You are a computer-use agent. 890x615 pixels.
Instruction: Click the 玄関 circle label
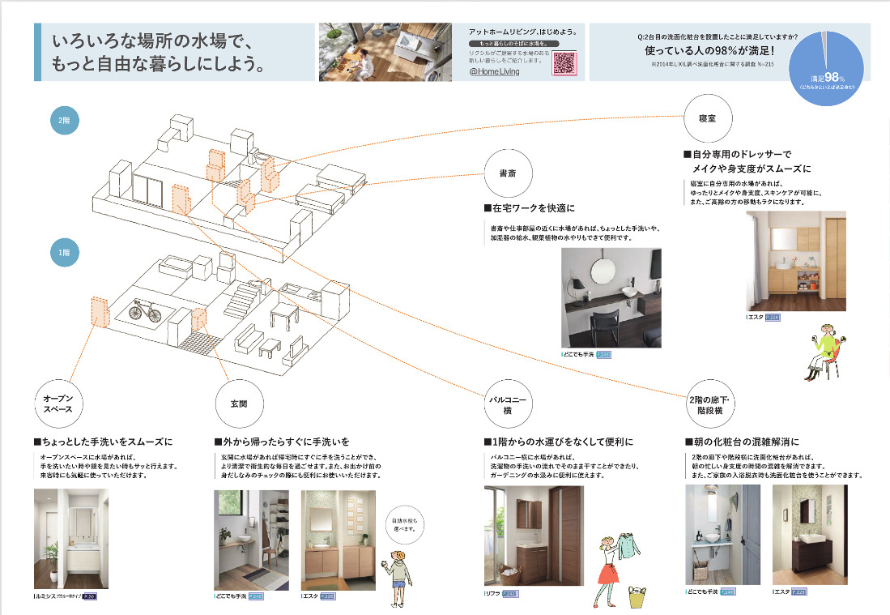(239, 403)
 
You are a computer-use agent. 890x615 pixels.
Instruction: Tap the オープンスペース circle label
(58, 403)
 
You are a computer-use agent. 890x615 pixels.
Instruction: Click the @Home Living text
(495, 71)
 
